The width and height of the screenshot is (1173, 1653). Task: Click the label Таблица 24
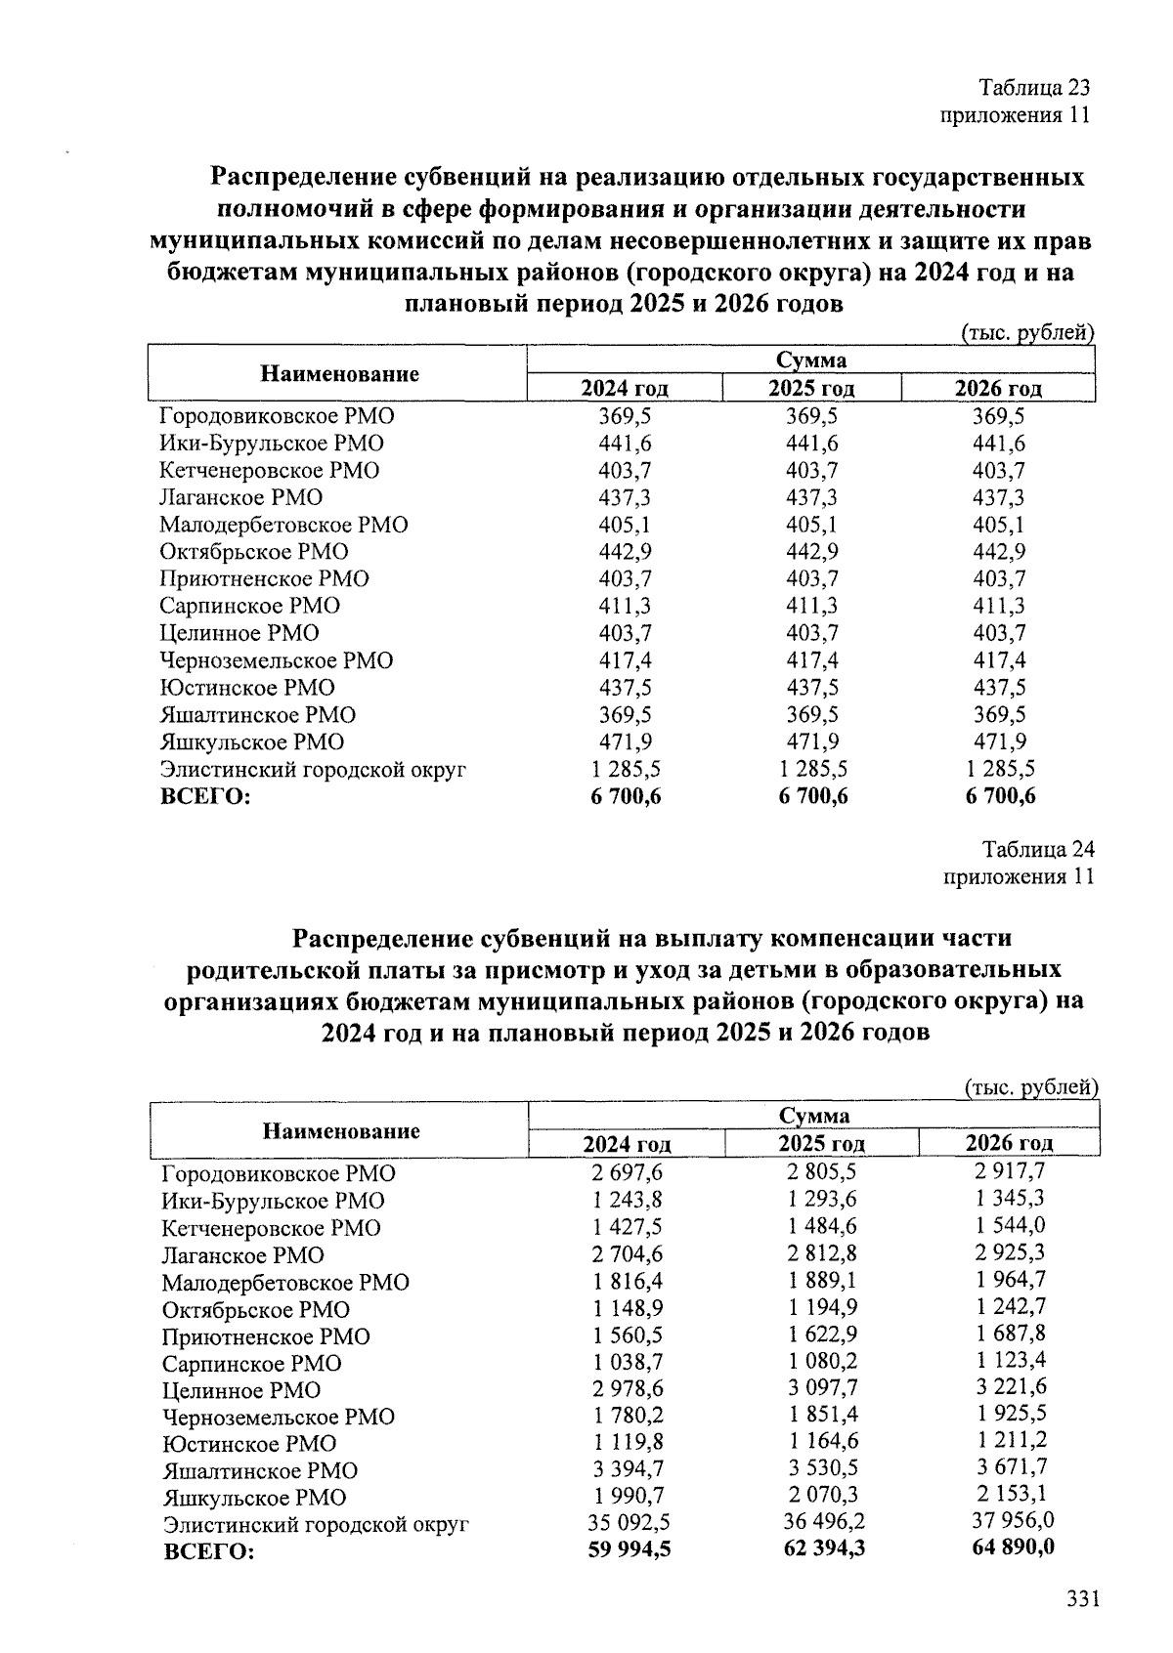[1038, 848]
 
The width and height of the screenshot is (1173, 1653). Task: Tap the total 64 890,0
[1009, 1547]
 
